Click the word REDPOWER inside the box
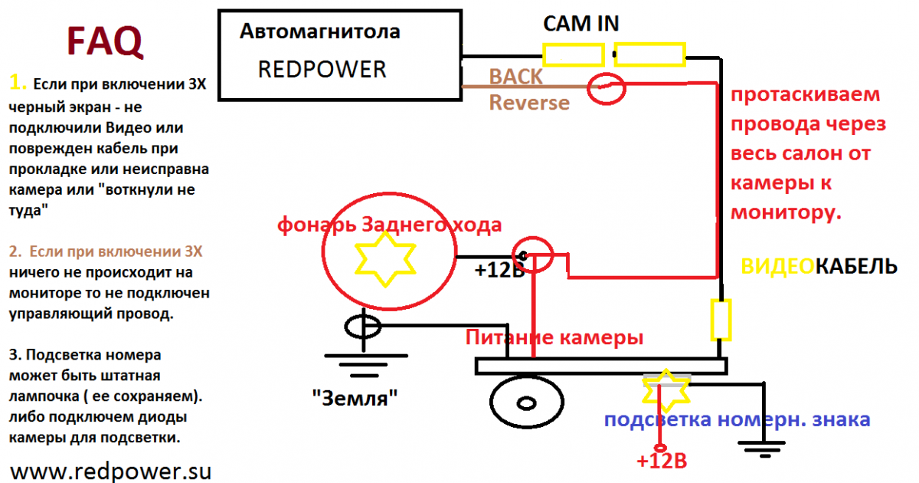[322, 70]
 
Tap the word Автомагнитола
[319, 32]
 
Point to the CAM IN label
[581, 24]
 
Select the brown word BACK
[516, 77]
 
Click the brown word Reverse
[529, 102]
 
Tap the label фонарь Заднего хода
[389, 225]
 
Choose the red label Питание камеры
[554, 337]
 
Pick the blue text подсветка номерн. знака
[737, 419]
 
